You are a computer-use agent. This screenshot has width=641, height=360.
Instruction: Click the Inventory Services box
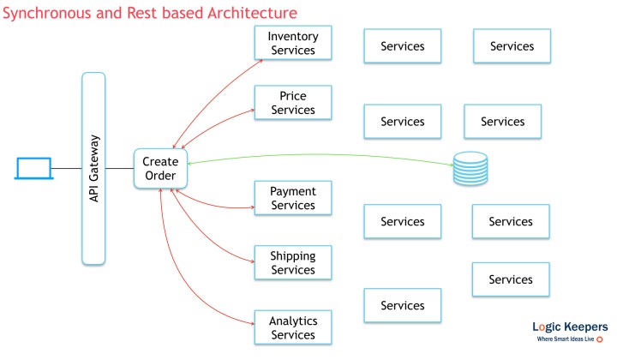click(x=293, y=44)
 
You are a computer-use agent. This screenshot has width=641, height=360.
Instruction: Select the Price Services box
click(x=293, y=103)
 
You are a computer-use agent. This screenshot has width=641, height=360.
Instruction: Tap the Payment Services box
click(x=293, y=198)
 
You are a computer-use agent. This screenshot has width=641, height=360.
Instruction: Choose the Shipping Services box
click(x=293, y=262)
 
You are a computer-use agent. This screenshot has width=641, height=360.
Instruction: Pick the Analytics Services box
click(x=293, y=327)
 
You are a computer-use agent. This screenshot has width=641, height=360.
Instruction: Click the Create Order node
click(x=159, y=168)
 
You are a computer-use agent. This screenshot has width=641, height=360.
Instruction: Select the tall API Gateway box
click(x=93, y=168)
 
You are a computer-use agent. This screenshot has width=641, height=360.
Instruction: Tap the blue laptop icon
click(x=33, y=167)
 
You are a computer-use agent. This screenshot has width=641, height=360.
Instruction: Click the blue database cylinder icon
click(x=470, y=168)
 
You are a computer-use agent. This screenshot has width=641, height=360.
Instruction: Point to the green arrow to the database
click(x=326, y=155)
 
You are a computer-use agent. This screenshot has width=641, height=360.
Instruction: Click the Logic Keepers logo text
click(x=570, y=327)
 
